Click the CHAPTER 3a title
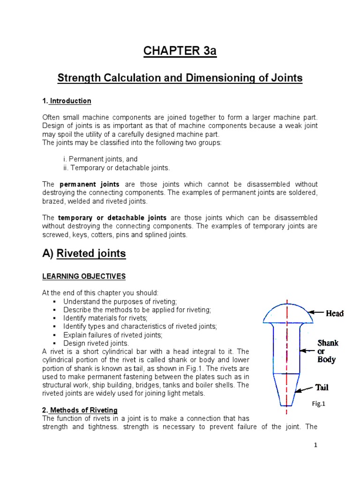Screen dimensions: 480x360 coord(180,51)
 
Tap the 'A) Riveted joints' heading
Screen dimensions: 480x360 coord(84,254)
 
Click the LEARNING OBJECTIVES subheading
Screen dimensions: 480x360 coord(84,276)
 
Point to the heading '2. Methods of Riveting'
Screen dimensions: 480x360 coord(80,410)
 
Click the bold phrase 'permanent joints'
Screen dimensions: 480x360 coord(89,184)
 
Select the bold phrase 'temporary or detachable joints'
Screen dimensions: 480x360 coord(112,217)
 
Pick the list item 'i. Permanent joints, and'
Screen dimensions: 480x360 coord(100,159)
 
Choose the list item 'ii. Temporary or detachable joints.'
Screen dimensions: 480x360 coord(116,167)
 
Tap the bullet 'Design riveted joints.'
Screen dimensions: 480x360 coord(96,343)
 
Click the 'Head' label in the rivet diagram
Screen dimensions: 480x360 coord(335,313)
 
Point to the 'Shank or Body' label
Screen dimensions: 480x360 coord(328,351)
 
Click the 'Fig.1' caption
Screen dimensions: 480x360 coord(318,404)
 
